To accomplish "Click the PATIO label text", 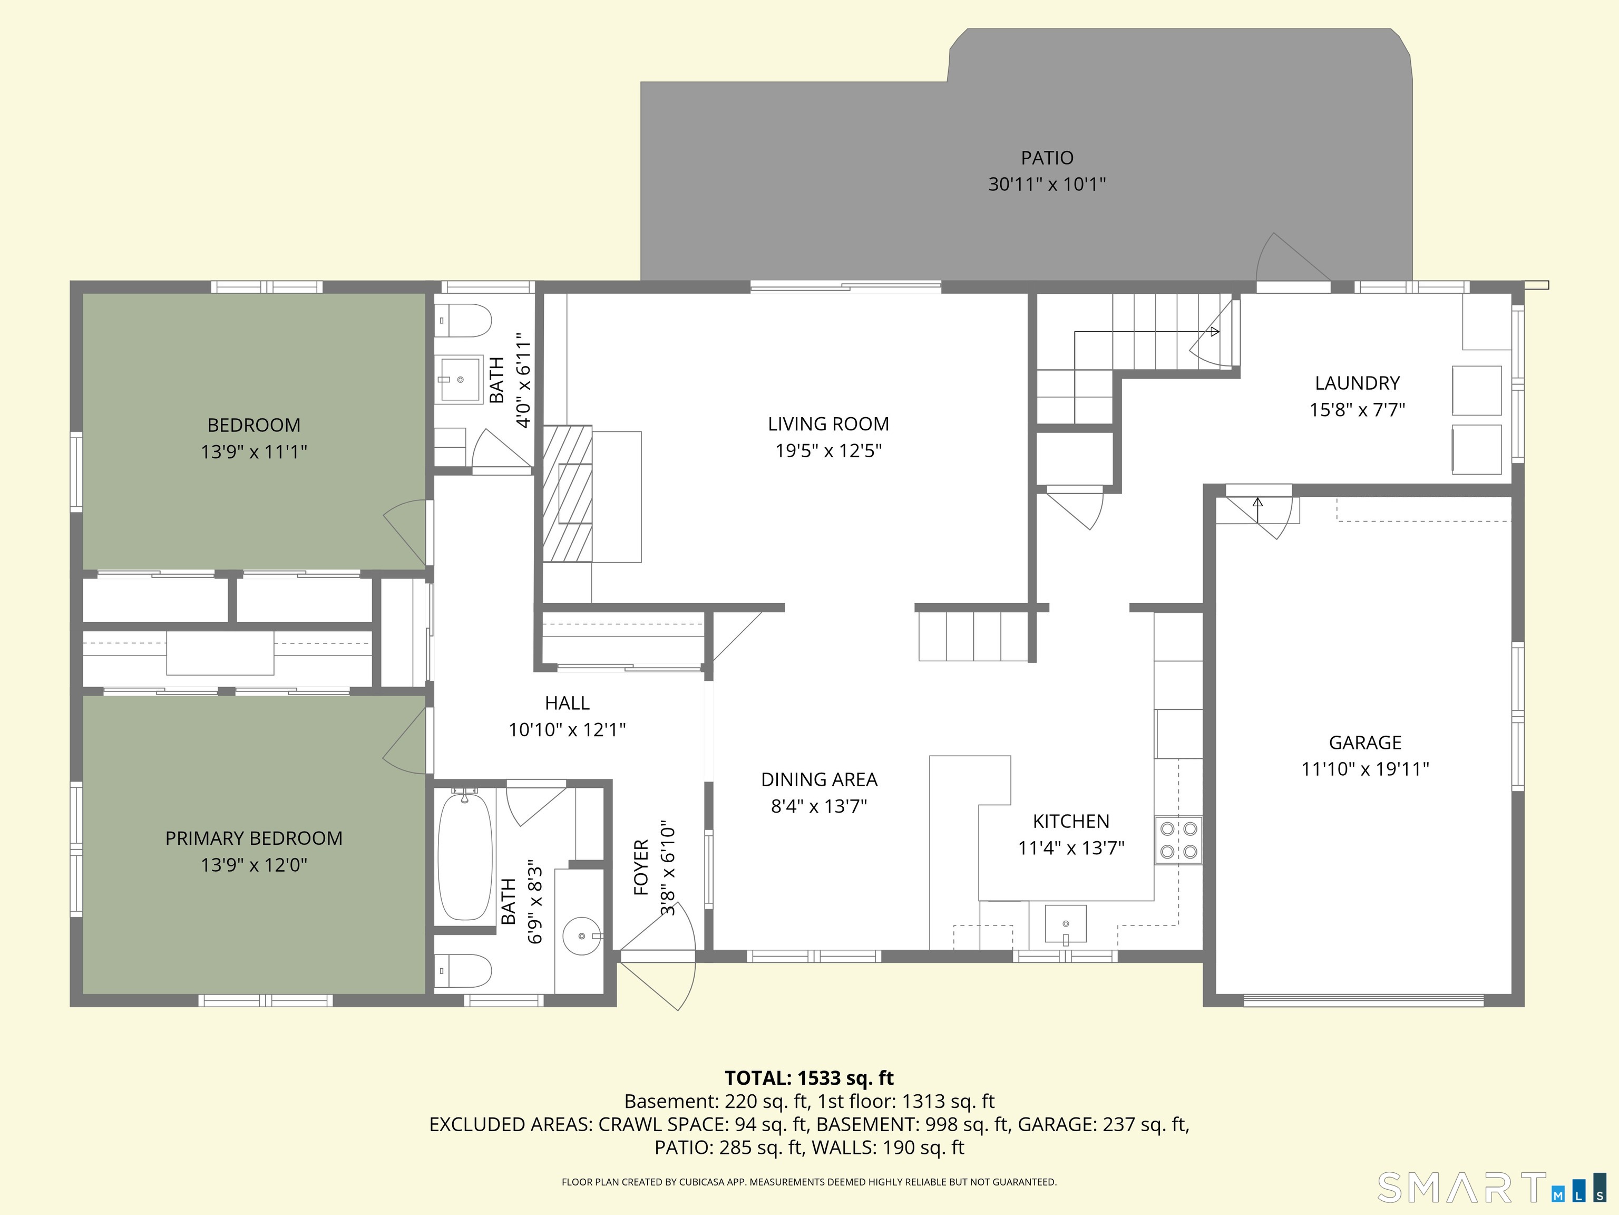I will (1047, 158).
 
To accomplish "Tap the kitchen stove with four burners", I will (1178, 840).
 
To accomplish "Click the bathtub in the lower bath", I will (465, 855).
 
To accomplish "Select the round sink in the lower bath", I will (582, 936).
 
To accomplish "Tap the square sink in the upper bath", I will (459, 379).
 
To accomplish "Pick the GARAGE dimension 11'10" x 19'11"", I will (1365, 769).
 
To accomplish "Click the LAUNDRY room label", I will (1357, 383).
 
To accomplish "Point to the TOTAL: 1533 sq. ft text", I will (809, 1078).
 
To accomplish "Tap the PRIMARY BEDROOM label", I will (253, 838).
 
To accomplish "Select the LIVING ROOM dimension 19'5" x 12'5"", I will (828, 450).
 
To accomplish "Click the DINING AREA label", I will (819, 779).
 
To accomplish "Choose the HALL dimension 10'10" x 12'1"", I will (567, 729).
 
